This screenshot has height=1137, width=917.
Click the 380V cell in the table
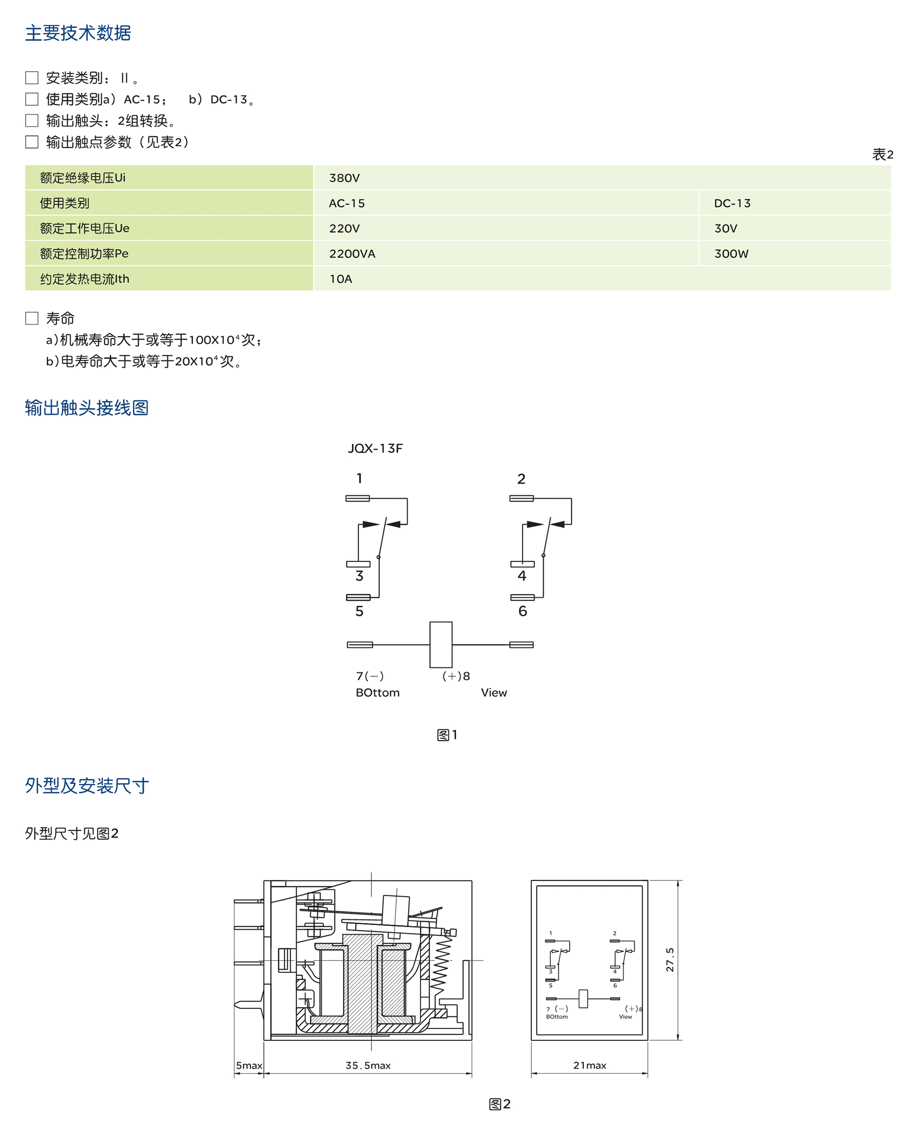pos(344,178)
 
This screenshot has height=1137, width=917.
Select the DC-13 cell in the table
pos(732,203)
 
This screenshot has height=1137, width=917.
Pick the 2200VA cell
pos(352,254)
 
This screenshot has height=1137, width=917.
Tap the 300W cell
pos(731,254)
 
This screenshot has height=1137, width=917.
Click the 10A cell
pos(341,279)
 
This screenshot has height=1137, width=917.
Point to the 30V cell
pos(725,229)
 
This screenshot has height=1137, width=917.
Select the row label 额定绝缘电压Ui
pos(83,178)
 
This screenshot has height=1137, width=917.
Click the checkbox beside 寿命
pos(32,318)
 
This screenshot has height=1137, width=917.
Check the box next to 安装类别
pos(32,78)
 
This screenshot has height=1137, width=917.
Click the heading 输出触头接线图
pos(87,408)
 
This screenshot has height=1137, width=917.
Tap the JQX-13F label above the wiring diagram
pos(375,448)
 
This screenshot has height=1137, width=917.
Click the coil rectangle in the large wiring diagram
pos(441,644)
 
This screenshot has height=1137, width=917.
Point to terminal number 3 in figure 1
pos(359,576)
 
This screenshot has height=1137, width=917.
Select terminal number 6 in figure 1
pos(522,611)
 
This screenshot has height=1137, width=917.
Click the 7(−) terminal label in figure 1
pos(370,676)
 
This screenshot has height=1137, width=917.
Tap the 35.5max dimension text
pos(368,1065)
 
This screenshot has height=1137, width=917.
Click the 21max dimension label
pos(590,1065)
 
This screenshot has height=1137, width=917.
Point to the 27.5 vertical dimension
pos(670,960)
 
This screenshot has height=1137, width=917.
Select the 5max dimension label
pos(249,1065)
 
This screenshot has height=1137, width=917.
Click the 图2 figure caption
pos(499,1104)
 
